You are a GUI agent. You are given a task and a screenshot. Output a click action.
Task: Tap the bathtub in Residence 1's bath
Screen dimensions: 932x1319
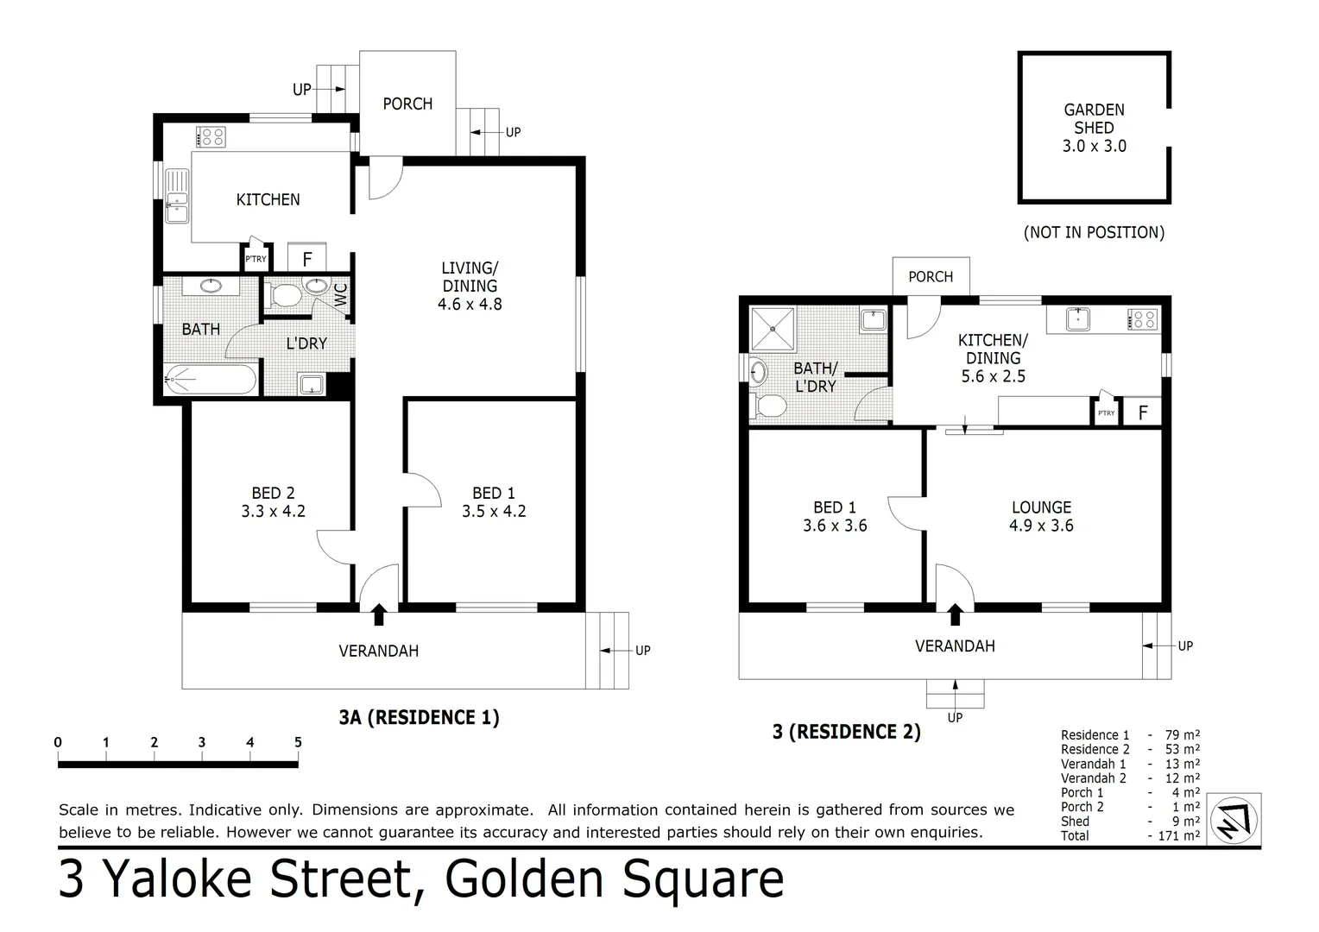211,380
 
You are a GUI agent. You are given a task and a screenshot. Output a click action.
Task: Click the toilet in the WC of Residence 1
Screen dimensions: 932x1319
283,296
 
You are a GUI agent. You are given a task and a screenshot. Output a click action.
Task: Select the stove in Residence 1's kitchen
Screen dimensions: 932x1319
211,136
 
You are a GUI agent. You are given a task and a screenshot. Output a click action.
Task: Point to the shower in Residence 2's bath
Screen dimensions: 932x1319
774,330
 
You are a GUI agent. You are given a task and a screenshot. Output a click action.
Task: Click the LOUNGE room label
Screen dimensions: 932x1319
1041,507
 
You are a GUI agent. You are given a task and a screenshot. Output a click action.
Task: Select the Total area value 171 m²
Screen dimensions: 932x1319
1178,835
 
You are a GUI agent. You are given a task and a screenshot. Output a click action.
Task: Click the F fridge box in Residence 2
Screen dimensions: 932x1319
1143,412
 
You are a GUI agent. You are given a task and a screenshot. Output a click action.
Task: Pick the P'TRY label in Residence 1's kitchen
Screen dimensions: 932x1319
256,258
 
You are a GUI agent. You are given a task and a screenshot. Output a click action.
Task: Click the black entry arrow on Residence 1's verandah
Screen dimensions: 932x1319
378,614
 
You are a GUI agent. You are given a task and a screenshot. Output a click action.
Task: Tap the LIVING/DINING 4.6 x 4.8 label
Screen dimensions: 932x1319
470,286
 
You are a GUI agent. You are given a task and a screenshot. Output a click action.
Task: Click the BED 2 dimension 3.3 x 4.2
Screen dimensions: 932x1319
273,511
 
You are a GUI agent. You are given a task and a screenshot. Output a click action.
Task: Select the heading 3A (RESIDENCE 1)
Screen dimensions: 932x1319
419,717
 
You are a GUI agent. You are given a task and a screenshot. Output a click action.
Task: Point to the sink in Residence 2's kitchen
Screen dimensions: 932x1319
1078,319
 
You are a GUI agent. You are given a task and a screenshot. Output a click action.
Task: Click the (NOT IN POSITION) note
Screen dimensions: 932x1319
1094,232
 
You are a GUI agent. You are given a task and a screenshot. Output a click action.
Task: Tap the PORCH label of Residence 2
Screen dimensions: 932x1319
931,277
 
